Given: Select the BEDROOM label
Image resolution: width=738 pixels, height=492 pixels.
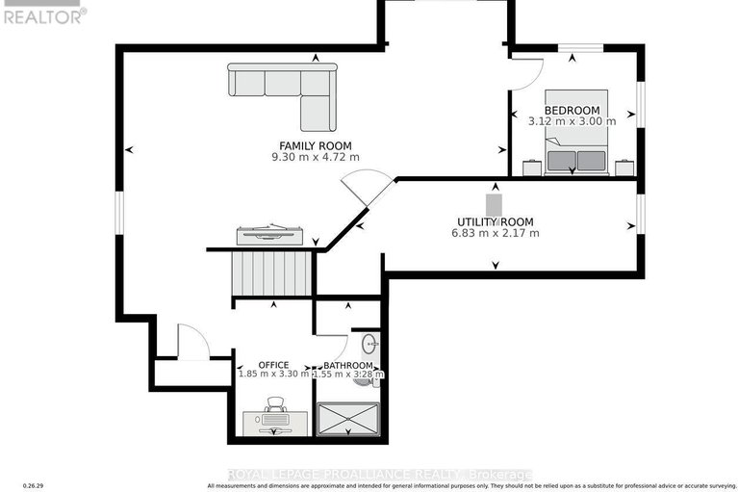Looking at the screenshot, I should click(x=572, y=110).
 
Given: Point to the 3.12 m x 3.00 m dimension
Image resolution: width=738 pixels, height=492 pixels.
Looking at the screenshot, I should click(x=572, y=121).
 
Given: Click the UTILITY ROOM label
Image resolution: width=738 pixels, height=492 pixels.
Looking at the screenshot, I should click(x=496, y=221).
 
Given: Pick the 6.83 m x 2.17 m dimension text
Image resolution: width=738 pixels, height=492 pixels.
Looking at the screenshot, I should click(x=496, y=233).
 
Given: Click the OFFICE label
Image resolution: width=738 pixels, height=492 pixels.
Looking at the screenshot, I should click(x=273, y=365).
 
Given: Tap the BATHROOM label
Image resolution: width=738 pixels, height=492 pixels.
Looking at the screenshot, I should click(x=347, y=366).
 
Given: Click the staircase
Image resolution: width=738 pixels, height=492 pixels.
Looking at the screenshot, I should click(x=271, y=274).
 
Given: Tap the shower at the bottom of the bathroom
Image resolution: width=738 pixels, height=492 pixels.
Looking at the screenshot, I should click(x=348, y=420).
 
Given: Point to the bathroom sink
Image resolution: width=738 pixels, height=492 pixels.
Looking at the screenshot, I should click(x=369, y=344).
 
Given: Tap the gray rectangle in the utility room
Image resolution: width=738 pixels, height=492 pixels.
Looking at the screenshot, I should click(x=495, y=205).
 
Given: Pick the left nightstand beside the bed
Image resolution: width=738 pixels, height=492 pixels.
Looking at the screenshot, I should click(x=531, y=168).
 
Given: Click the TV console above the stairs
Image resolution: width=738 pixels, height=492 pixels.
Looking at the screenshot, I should click(x=270, y=235).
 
